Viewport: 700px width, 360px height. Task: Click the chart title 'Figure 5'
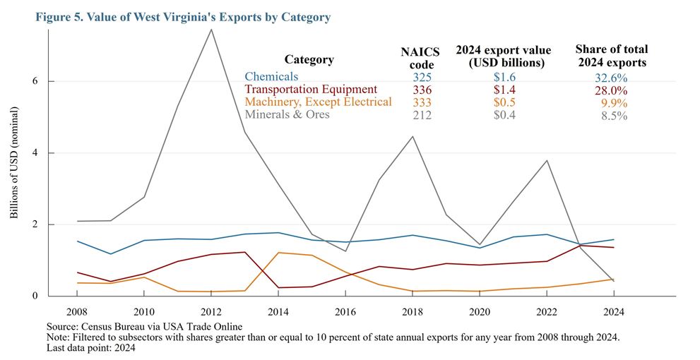click(x=182, y=17)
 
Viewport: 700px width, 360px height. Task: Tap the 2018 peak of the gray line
click(x=413, y=136)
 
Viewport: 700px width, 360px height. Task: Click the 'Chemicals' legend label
click(x=271, y=76)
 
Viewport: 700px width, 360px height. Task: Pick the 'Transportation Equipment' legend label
click(x=311, y=89)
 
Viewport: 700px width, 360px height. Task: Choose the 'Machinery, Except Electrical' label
click(x=318, y=102)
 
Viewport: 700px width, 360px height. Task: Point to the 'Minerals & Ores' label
click(x=287, y=114)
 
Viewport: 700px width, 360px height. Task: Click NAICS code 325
click(x=422, y=77)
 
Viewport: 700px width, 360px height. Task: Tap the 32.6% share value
click(x=611, y=78)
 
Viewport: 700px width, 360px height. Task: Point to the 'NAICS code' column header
click(x=420, y=56)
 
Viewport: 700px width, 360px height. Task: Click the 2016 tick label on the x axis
click(x=345, y=311)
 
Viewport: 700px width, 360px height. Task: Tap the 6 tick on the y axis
click(x=33, y=81)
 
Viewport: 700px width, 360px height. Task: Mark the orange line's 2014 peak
click(x=279, y=253)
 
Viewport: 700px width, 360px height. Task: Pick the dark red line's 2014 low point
click(x=279, y=288)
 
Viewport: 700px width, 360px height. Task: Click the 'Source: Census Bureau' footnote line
click(x=144, y=326)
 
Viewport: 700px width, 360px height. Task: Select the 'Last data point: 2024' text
click(x=90, y=347)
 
